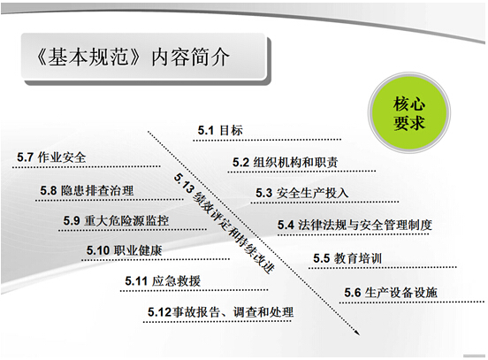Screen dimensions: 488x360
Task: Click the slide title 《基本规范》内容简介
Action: coord(133,57)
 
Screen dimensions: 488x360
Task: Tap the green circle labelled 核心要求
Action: coord(409,112)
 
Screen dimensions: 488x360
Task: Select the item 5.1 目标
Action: coord(220,130)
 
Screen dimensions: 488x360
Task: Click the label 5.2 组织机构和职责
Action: coord(285,162)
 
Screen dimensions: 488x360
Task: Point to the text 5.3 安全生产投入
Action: coord(301,193)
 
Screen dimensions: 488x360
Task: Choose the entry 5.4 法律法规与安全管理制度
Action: coord(355,225)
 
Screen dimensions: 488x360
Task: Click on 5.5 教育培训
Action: coord(347,258)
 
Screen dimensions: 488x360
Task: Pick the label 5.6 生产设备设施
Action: coord(391,293)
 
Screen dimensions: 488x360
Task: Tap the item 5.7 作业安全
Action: coord(51,157)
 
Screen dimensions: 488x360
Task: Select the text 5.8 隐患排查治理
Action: coord(87,190)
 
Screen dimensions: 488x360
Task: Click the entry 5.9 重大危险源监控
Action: coord(116,221)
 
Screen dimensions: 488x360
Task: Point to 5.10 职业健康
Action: coord(124,250)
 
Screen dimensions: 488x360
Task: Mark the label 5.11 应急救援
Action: coord(163,281)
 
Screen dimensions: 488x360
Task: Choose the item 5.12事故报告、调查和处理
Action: coord(220,312)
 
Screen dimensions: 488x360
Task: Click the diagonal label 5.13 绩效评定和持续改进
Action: coord(224,223)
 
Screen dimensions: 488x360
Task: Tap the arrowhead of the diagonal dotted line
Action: coord(356,333)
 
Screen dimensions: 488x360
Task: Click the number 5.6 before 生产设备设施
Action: coord(353,293)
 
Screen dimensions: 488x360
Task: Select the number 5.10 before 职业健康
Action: coord(98,250)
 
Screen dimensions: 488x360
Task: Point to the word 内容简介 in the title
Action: coord(190,57)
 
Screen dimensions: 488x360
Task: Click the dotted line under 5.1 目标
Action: coord(267,140)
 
